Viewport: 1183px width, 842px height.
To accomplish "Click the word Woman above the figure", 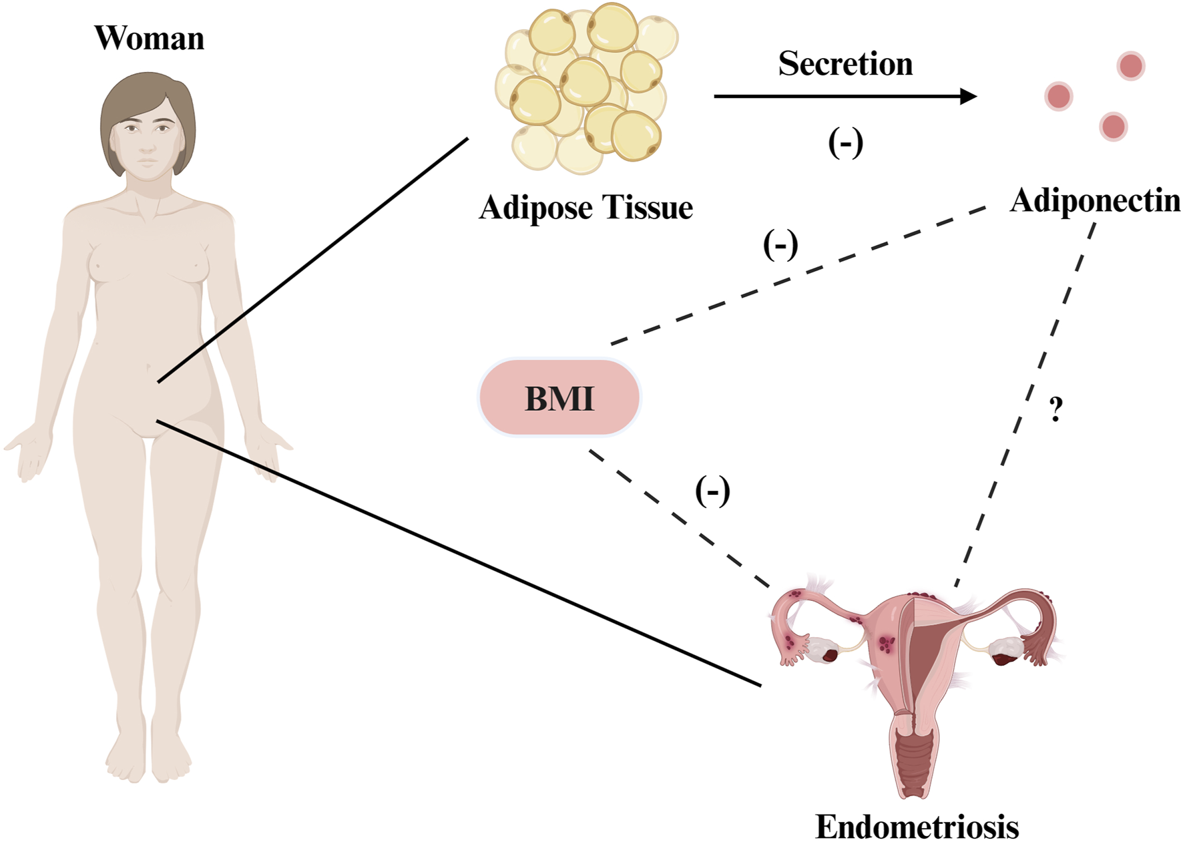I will (149, 38).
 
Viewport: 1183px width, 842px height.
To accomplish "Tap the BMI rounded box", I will (559, 398).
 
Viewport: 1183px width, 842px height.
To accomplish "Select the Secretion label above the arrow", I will (845, 64).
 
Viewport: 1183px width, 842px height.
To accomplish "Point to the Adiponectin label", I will (1095, 200).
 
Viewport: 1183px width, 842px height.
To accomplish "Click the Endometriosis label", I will (917, 827).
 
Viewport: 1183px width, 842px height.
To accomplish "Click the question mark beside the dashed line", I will (1055, 409).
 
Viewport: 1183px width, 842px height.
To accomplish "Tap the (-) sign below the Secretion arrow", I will (845, 142).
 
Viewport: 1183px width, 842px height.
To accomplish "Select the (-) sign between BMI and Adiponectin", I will (780, 245).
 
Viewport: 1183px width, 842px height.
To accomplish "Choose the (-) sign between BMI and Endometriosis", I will (712, 492).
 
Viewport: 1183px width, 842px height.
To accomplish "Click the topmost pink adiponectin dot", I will (1131, 66).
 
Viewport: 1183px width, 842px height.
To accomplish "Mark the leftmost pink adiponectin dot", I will (1059, 96).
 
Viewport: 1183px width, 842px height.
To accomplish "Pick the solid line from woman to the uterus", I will (461, 554).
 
